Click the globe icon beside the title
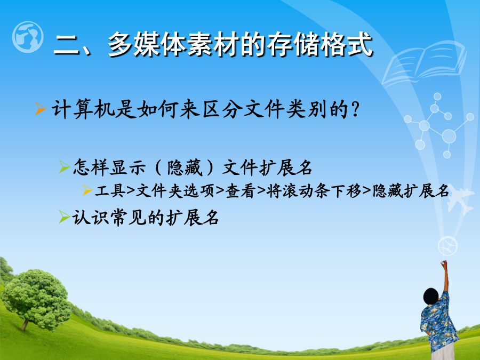point(28,37)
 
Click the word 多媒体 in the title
point(147,45)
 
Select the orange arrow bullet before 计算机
point(41,109)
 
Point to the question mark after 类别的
point(355,109)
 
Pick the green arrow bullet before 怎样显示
point(65,167)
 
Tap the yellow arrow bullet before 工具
point(87,190)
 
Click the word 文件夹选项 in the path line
point(175,191)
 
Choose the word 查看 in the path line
point(241,191)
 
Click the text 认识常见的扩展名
point(146,218)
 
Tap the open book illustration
point(425,63)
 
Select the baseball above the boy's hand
point(447,246)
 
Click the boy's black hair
point(431,296)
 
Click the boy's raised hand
point(444,263)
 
